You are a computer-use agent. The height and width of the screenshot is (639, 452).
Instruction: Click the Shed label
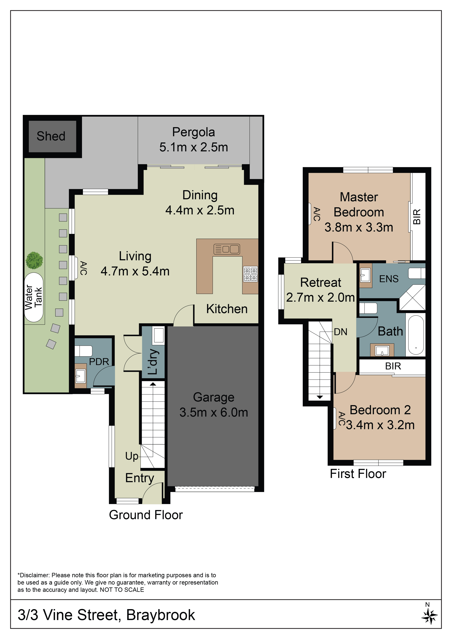pos(51,136)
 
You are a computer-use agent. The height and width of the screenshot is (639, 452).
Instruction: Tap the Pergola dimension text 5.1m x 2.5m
pos(194,147)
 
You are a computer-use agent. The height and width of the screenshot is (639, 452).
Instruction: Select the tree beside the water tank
pos(34,260)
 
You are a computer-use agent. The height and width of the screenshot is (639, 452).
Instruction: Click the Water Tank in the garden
pos(34,297)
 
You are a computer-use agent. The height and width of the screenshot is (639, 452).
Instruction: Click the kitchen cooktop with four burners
pos(250,274)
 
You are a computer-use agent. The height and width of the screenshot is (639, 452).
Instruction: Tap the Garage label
pos(214,397)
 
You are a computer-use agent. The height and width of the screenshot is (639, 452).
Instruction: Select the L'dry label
pos(153,362)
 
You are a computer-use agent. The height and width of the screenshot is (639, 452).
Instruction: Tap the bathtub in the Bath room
pos(416,335)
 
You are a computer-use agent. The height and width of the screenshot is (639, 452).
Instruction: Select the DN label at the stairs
pos(341,332)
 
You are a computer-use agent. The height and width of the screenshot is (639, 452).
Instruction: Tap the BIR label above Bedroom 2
pos(393,366)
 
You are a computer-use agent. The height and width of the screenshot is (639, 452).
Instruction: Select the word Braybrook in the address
pos(161,615)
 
